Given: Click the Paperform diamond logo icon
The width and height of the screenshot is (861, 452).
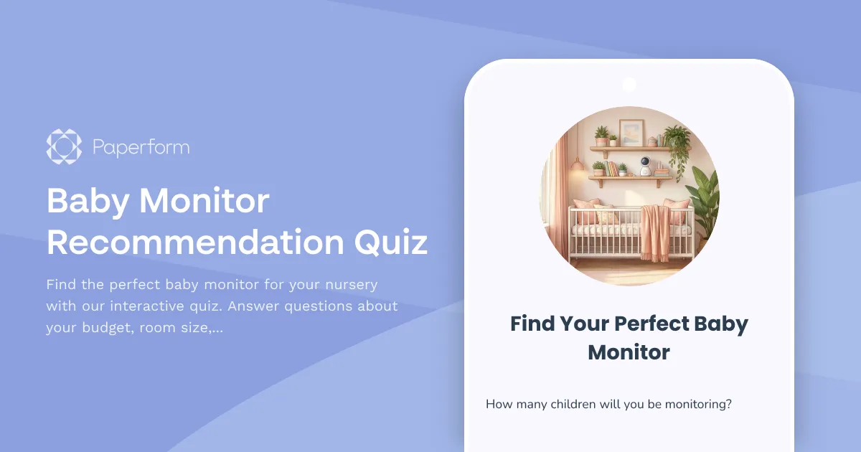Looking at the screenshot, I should tap(64, 147).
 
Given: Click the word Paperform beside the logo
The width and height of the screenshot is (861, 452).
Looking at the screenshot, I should tap(141, 148).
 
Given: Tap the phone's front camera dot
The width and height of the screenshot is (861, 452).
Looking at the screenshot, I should tap(629, 85).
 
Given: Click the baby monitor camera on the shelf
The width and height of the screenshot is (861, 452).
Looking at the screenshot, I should tap(645, 166).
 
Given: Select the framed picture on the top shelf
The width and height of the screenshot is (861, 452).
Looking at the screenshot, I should tap(631, 133).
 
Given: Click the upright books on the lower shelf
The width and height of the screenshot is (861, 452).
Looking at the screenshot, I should tap(610, 168).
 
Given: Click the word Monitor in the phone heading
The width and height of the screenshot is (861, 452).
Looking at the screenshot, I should tap(629, 352).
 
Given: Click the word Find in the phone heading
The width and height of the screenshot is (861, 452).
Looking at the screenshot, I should tap(532, 324).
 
